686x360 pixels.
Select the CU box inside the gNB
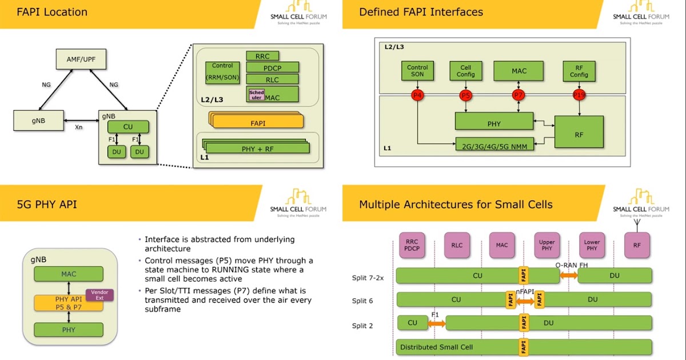coord(128,126)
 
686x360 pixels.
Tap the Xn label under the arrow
coord(79,127)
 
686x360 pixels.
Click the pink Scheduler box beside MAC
coord(256,94)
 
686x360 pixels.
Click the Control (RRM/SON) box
coord(222,73)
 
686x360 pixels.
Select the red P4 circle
coord(417,94)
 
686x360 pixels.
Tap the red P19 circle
coord(579,94)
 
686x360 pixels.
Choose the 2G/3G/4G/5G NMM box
coord(494,146)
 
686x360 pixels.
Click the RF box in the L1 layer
coord(579,132)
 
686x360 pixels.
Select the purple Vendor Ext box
coord(99,295)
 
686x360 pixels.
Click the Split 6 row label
coord(364,300)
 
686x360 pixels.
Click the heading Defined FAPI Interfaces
coord(421,12)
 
